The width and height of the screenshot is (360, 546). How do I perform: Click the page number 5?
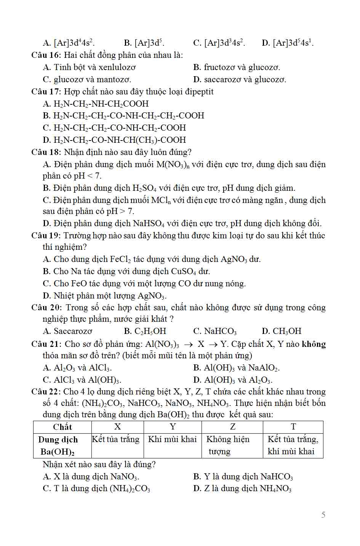(x=323, y=515)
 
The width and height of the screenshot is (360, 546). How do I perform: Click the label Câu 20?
(x=45, y=308)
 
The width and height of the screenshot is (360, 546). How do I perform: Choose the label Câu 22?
(x=45, y=392)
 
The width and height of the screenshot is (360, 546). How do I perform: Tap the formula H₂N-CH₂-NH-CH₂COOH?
(x=101, y=104)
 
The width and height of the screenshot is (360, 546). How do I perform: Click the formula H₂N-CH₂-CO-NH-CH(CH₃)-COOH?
(x=120, y=140)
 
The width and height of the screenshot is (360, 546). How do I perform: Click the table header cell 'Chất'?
(x=62, y=427)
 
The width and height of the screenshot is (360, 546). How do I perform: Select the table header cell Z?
(x=232, y=427)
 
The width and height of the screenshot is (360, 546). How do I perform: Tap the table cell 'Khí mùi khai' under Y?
(x=172, y=439)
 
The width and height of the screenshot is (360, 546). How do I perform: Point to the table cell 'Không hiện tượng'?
(x=228, y=445)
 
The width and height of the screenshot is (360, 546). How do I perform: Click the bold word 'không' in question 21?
(x=314, y=344)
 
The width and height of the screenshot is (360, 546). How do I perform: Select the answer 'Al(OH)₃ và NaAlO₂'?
(x=242, y=368)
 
